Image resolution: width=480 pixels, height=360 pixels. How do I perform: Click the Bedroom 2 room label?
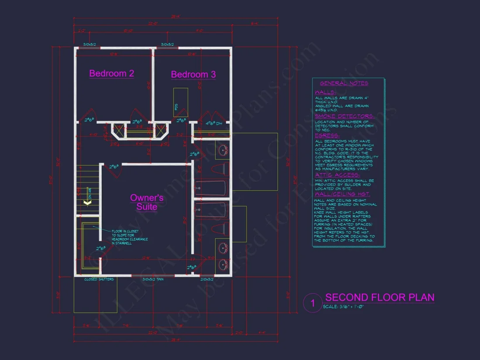tap(112, 73)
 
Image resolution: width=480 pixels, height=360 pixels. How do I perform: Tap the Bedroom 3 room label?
tap(193, 75)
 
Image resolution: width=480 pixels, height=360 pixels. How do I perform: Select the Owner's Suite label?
tap(147, 202)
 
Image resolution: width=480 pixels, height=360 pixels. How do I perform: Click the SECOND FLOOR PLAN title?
tap(380, 298)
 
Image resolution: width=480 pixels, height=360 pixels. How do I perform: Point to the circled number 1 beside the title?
tap(312, 303)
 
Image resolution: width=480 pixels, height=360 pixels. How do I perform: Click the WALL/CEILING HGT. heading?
tap(343, 194)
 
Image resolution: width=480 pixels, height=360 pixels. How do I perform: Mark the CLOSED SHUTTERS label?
tap(99, 279)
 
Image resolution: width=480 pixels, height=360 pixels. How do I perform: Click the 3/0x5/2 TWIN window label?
tap(153, 279)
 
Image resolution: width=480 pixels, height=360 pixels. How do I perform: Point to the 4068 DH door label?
tap(214, 123)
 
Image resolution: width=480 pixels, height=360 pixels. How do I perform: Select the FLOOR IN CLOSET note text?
tap(130, 237)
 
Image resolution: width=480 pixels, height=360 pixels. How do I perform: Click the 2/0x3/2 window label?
tap(206, 279)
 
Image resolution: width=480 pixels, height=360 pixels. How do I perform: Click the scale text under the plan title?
tap(344, 307)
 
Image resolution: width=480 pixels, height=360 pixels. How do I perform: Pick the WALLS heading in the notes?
tap(326, 93)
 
